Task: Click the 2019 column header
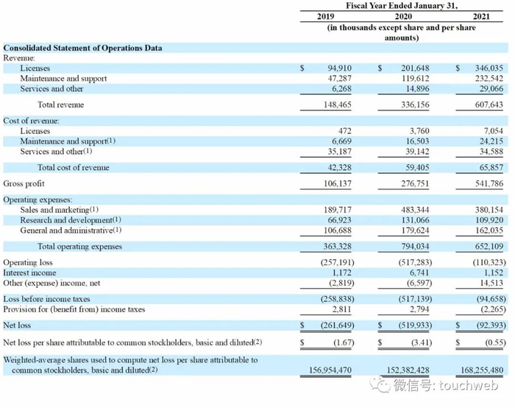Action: coord(325,15)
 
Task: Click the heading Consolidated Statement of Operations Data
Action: coord(82,48)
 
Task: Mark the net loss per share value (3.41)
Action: coord(419,342)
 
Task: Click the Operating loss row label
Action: coord(28,262)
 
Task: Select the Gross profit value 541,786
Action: coord(486,183)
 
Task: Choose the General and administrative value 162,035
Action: coord(486,230)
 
